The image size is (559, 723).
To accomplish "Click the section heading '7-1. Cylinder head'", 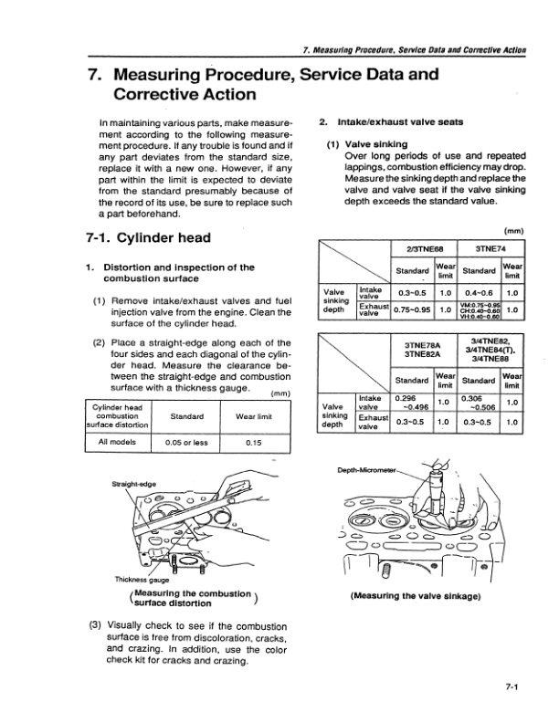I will (145, 238).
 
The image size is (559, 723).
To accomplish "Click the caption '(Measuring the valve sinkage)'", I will (416, 597).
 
